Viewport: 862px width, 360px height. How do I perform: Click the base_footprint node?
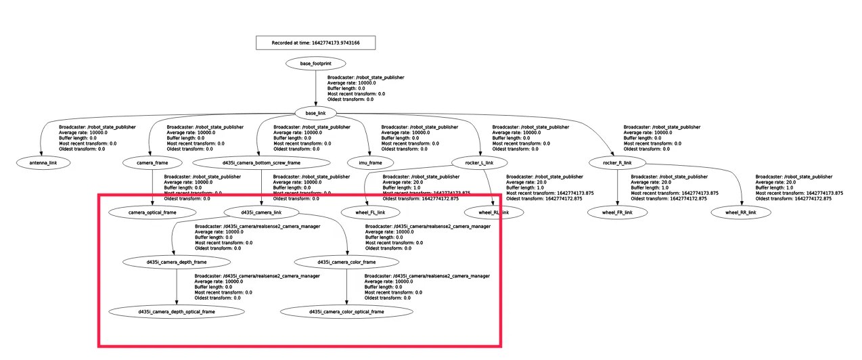[x=315, y=64]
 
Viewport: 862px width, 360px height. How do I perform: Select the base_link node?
[x=315, y=113]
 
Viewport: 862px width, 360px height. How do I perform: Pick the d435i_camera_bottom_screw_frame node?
[x=261, y=163]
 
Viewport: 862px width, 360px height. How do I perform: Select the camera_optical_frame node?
[x=152, y=212]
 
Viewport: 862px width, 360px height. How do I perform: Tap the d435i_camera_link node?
[x=261, y=212]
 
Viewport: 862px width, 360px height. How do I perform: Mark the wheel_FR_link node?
[x=617, y=212]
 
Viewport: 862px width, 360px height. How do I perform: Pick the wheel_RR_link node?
[x=741, y=212]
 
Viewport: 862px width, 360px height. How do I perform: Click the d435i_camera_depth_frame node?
[x=177, y=262]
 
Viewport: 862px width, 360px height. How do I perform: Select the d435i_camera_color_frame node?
[x=347, y=262]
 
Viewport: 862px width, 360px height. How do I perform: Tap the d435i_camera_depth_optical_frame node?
[x=177, y=312]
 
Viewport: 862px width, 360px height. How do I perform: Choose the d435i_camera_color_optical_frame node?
[x=346, y=312]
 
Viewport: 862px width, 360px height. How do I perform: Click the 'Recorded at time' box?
[x=315, y=43]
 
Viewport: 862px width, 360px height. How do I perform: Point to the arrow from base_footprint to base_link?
[x=315, y=88]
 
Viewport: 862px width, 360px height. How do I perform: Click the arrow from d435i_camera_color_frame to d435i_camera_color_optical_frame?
[x=347, y=287]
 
